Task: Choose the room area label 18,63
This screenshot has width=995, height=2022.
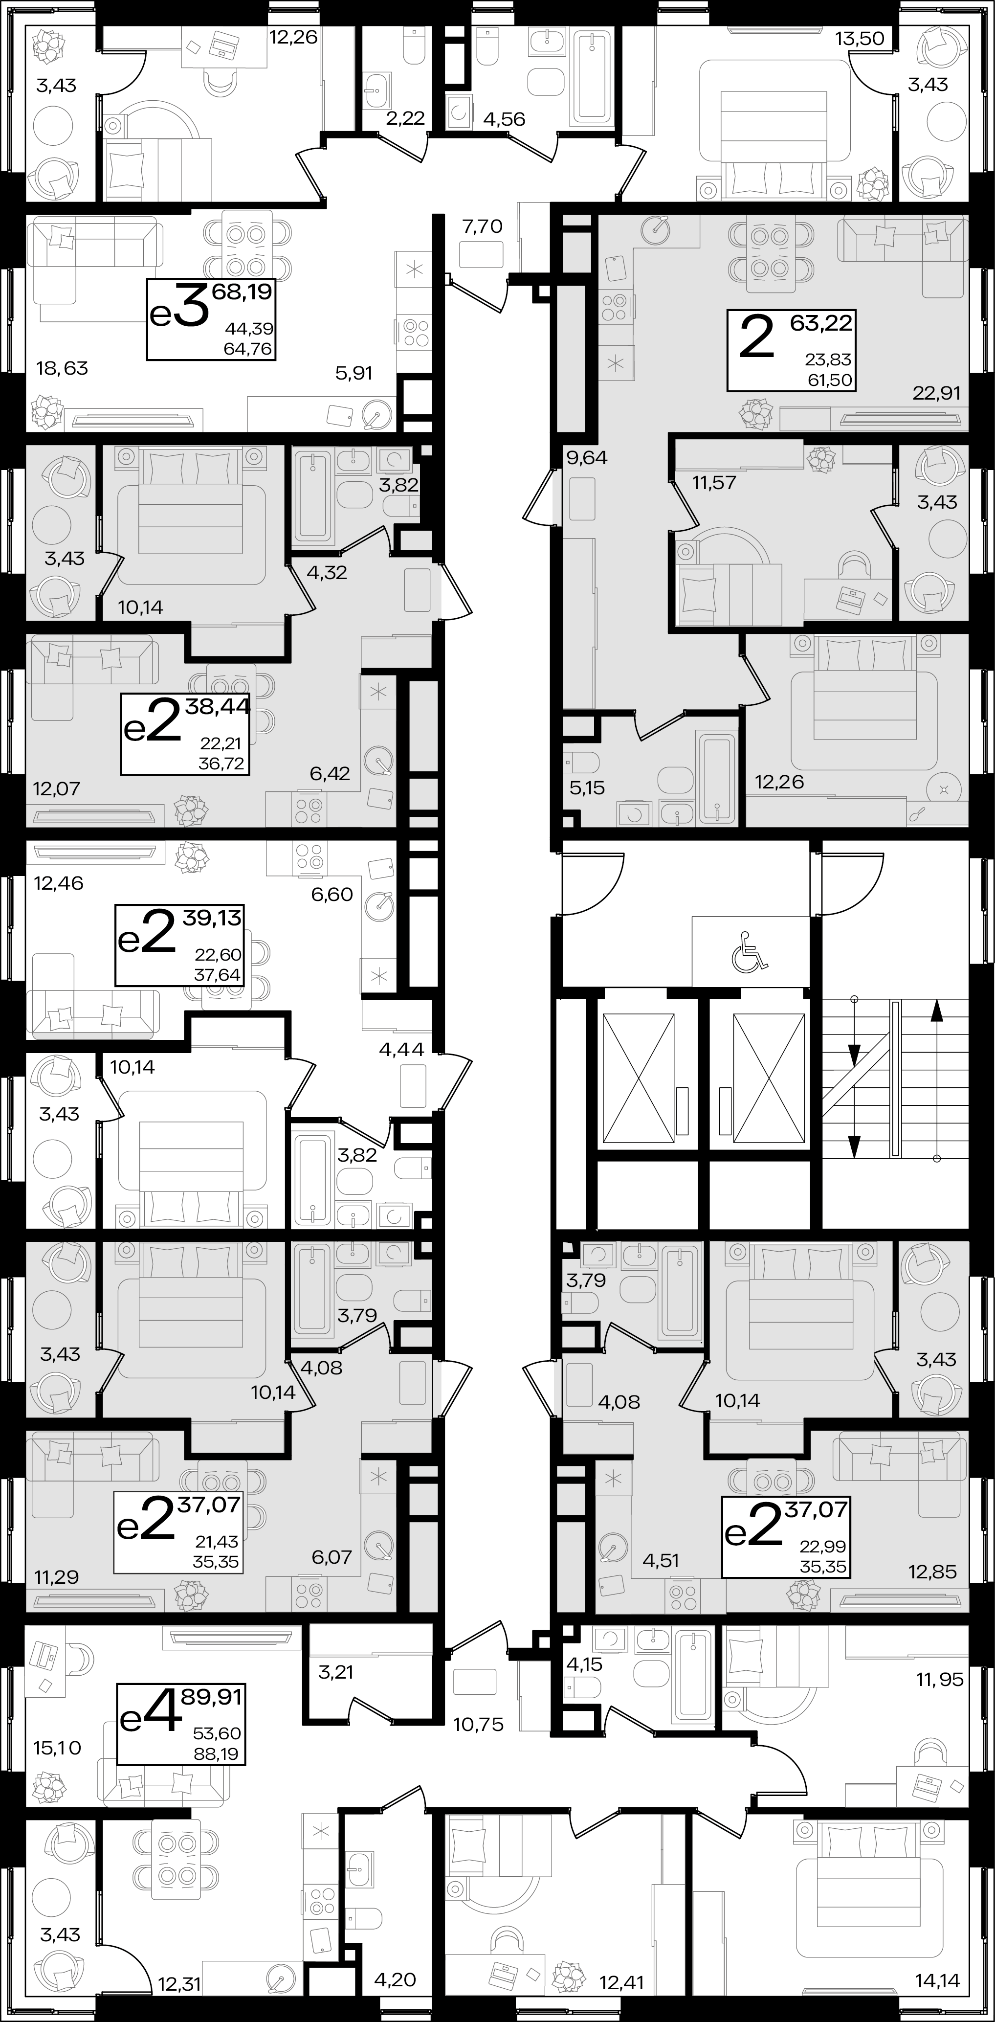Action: [x=63, y=368]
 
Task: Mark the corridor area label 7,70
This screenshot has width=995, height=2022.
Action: [x=482, y=227]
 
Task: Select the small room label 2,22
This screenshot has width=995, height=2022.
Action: [x=405, y=118]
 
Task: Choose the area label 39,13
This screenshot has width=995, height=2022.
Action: [x=212, y=918]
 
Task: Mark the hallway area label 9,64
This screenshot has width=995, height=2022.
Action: [x=586, y=458]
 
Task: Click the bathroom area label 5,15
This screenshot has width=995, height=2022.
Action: [x=587, y=788]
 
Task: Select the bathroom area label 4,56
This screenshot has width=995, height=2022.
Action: [x=504, y=119]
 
